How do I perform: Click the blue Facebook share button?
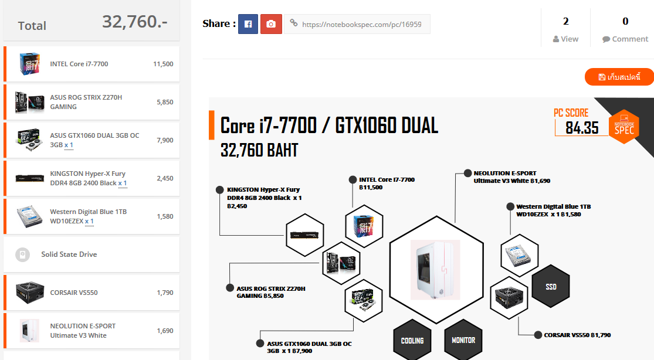[x=248, y=24]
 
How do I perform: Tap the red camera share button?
[x=271, y=24]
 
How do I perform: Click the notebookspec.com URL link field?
[x=357, y=24]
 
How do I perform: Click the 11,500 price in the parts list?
[x=163, y=64]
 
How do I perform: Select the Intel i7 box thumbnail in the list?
[x=29, y=64]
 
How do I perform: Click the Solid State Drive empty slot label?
[x=69, y=254]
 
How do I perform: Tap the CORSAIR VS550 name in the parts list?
[x=74, y=293]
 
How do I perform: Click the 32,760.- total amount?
[x=135, y=22]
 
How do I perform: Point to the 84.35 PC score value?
[x=582, y=128]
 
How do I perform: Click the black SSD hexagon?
[x=551, y=287]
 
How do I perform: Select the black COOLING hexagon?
[x=412, y=340]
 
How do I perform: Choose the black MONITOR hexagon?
[x=463, y=340]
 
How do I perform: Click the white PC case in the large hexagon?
[x=435, y=270]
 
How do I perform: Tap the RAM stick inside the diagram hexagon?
[x=304, y=236]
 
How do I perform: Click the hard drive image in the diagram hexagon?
[x=519, y=256]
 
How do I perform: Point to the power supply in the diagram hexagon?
[x=509, y=297]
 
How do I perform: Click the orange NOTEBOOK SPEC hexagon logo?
[x=624, y=127]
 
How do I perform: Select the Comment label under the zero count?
[x=630, y=39]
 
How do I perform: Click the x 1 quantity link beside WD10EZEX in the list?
[x=89, y=221]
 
